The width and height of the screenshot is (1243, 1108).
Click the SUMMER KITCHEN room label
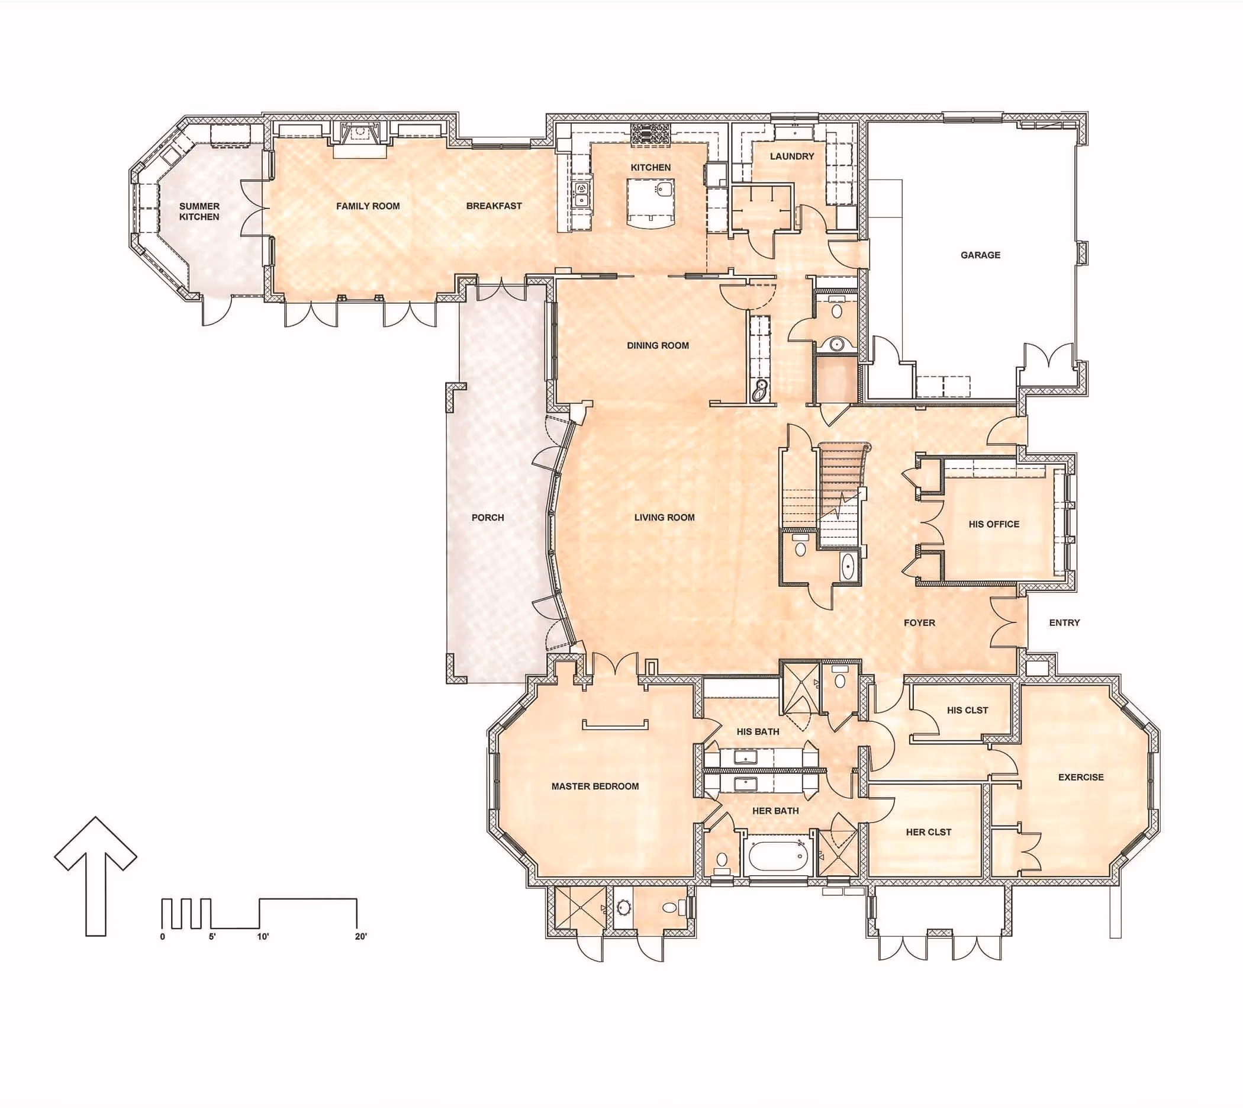pos(199,211)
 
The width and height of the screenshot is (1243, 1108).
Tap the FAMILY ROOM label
pos(368,206)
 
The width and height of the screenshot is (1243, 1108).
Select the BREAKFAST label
pos(494,205)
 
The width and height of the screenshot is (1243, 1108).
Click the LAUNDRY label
pos(791,156)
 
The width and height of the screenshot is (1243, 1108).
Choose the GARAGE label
pos(980,255)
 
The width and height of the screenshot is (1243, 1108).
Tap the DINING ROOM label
pos(658,345)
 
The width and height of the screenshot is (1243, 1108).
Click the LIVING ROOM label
pos(664,518)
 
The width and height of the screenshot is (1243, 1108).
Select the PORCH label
pos(487,518)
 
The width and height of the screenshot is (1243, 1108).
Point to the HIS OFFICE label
pos(994,524)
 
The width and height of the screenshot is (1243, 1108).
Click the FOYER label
pos(919,623)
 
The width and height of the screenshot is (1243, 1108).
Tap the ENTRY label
pos(1064,622)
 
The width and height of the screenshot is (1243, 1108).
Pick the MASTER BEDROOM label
pos(595,786)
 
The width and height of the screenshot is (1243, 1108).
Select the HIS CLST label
pos(967,710)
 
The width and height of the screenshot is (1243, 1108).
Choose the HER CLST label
pos(929,831)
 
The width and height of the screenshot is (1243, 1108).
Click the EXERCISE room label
pos(1081,777)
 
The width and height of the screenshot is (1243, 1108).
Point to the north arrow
pos(95,876)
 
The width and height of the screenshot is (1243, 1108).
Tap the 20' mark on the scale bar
pos(361,936)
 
